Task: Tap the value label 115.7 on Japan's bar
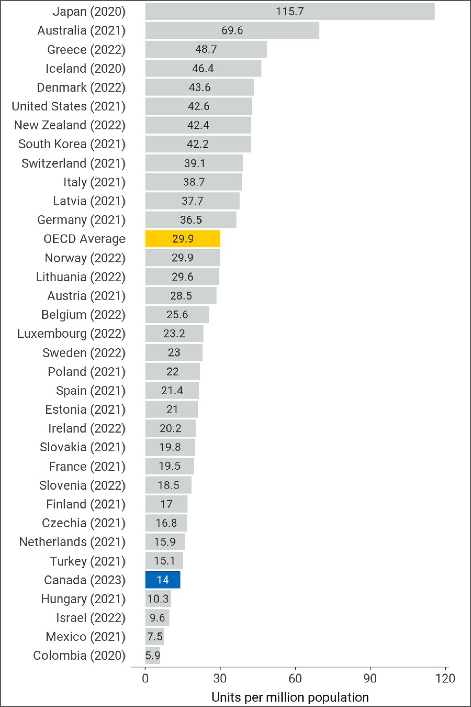tap(290, 11)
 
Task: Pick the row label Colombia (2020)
tap(79, 656)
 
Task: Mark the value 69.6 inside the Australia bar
tap(232, 30)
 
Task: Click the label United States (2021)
tap(68, 106)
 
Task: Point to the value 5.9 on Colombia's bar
tap(153, 656)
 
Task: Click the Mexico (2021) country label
tap(85, 637)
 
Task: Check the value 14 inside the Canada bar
tap(162, 580)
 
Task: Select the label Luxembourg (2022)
tap(71, 334)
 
